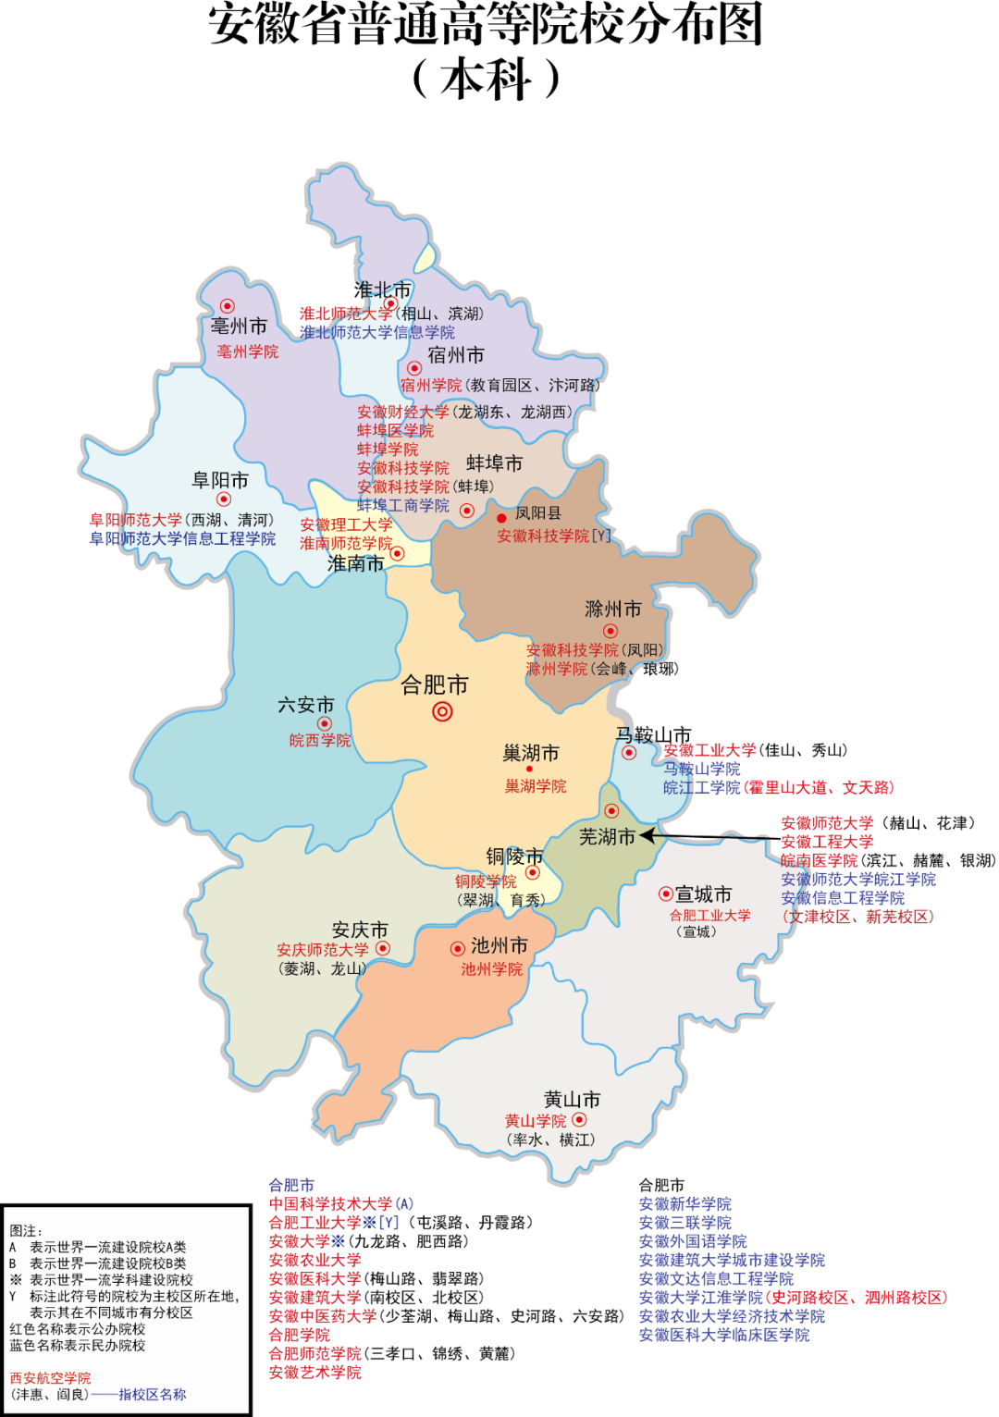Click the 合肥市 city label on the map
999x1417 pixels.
[434, 685]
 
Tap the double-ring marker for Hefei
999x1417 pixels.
[442, 711]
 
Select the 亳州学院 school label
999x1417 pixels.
[247, 351]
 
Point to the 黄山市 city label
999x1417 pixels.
[572, 1099]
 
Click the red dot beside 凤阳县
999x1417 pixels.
[501, 518]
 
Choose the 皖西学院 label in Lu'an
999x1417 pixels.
[320, 740]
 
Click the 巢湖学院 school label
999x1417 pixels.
[536, 786]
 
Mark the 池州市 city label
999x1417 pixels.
[499, 945]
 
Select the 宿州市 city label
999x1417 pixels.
[455, 355]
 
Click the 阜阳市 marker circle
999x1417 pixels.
[223, 499]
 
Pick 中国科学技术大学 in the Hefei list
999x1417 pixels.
[331, 1203]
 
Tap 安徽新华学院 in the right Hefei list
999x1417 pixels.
[684, 1203]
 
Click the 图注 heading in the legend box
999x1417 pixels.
[26, 1231]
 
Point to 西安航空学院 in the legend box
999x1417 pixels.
[50, 1378]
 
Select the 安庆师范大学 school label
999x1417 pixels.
[322, 950]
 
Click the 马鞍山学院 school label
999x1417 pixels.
[701, 769]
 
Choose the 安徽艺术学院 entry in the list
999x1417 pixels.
[314, 1373]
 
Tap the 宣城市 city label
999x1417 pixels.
[703, 894]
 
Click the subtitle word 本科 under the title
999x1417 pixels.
[486, 80]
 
